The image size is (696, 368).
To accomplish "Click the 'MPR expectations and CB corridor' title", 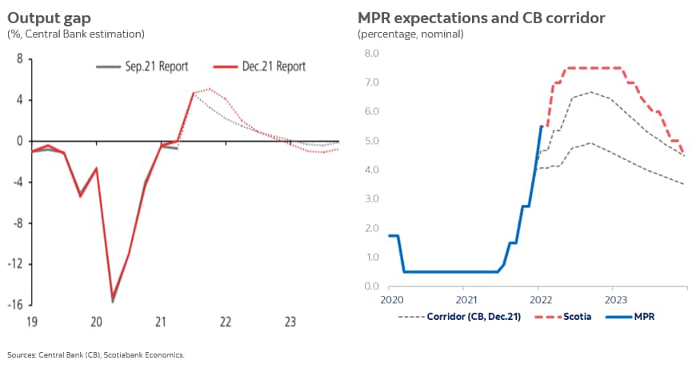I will point(481,17).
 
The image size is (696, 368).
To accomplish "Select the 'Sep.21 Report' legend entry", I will point(156,67).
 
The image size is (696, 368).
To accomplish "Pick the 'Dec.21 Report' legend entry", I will point(273,67).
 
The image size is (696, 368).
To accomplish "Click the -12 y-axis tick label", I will point(14,264).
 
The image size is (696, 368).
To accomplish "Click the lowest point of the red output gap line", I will point(113,296).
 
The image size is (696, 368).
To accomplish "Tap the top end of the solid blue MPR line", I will point(542,126).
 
